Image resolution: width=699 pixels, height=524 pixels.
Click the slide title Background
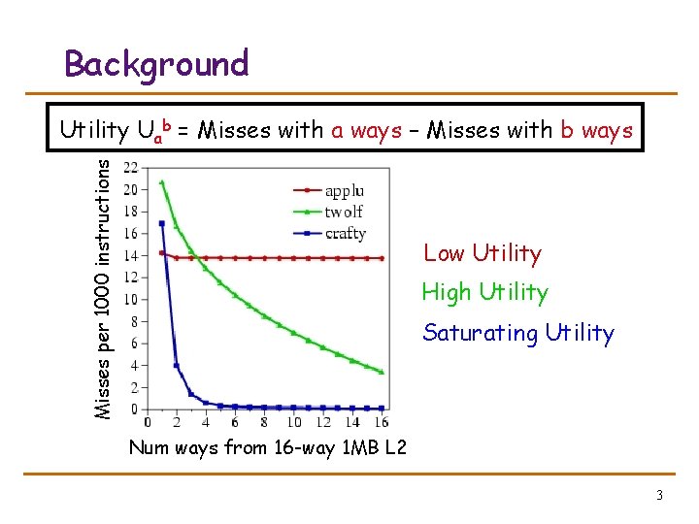coord(156,64)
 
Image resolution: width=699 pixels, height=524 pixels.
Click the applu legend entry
coord(345,191)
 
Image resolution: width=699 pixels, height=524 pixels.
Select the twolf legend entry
coord(344,212)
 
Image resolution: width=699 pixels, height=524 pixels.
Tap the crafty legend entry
coord(346,233)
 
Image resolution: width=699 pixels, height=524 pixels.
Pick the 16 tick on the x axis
coord(383,422)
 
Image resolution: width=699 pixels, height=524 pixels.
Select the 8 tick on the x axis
coord(265,422)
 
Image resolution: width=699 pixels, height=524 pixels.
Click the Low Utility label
coord(482,254)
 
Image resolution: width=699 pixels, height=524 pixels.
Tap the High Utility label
coord(484,292)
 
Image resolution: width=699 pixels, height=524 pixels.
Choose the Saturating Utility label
coord(518,334)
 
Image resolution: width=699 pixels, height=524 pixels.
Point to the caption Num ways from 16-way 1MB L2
coord(267,448)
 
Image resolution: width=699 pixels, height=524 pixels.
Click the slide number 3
coord(659,496)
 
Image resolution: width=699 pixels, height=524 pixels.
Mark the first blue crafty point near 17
coord(161,223)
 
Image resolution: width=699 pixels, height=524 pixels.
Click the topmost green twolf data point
coord(161,182)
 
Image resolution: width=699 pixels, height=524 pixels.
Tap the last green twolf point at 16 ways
coord(383,372)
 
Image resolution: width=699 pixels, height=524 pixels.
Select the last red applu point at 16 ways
coord(383,258)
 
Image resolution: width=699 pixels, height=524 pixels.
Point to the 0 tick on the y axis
coord(134,409)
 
